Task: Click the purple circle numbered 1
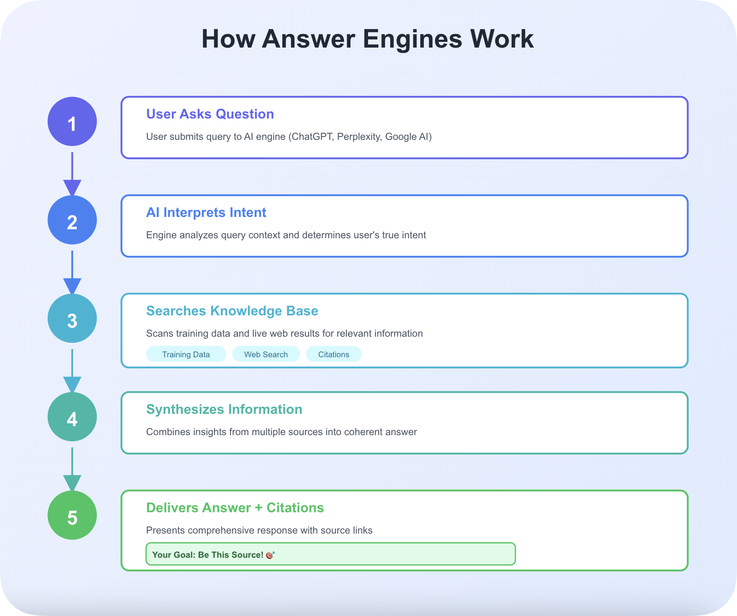pyautogui.click(x=72, y=121)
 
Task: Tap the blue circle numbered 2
pyautogui.click(x=72, y=220)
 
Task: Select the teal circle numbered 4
pyautogui.click(x=72, y=417)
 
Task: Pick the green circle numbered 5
pyautogui.click(x=72, y=515)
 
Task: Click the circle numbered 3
pyautogui.click(x=72, y=318)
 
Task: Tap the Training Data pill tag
pyautogui.click(x=186, y=354)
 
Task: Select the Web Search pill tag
pyautogui.click(x=266, y=354)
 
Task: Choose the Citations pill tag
pyautogui.click(x=334, y=354)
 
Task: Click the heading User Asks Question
pyautogui.click(x=210, y=114)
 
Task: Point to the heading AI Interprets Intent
pyautogui.click(x=206, y=212)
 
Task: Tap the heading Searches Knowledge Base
pyautogui.click(x=232, y=311)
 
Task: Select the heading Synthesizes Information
pyautogui.click(x=224, y=409)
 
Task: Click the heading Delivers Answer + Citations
pyautogui.click(x=235, y=508)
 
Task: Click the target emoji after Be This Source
pyautogui.click(x=270, y=555)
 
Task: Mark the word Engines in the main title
pyautogui.click(x=412, y=39)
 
